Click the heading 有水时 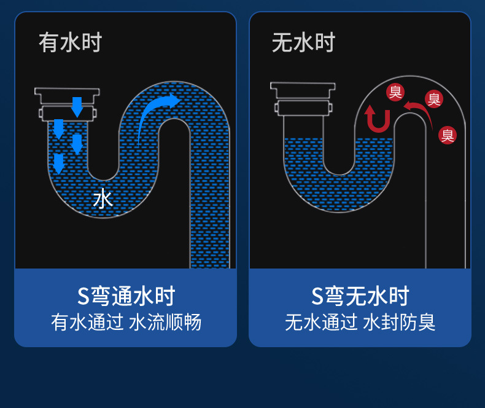[70, 44]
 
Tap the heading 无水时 [303, 44]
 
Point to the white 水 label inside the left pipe [103, 199]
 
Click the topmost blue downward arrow [77, 106]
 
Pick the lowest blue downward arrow [58, 163]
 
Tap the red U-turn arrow [377, 119]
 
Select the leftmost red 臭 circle [395, 92]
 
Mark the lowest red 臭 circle [448, 135]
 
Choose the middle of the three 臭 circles [433, 98]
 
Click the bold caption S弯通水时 [126, 296]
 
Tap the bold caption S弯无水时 [360, 296]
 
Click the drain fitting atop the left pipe [68, 103]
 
